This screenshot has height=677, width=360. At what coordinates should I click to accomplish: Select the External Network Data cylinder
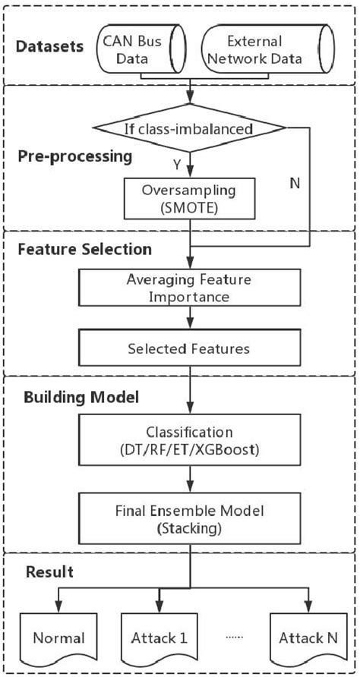[x=267, y=49]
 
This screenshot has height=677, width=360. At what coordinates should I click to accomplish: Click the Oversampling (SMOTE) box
[x=190, y=200]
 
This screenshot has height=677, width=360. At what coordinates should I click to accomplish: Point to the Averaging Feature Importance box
[x=190, y=288]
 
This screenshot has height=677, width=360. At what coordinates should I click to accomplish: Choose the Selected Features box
[x=190, y=348]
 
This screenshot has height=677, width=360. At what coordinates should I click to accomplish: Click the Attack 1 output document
[x=157, y=638]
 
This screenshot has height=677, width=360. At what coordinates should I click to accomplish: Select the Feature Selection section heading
[x=85, y=249]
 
